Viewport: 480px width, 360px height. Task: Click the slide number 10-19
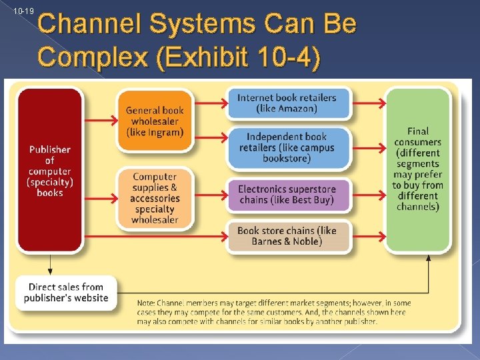[23, 11]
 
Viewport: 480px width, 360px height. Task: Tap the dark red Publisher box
[50, 171]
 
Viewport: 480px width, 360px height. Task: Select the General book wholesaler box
[155, 121]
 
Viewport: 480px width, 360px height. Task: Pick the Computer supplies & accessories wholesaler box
[155, 198]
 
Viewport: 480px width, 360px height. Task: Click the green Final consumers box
[418, 169]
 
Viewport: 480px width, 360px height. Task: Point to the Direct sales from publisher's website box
[66, 292]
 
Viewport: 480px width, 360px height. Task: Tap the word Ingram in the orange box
[166, 132]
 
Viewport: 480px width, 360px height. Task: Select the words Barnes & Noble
[287, 241]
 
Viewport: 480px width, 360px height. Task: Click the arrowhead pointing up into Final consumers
[428, 257]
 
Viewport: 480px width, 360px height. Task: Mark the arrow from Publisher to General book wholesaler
[100, 121]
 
